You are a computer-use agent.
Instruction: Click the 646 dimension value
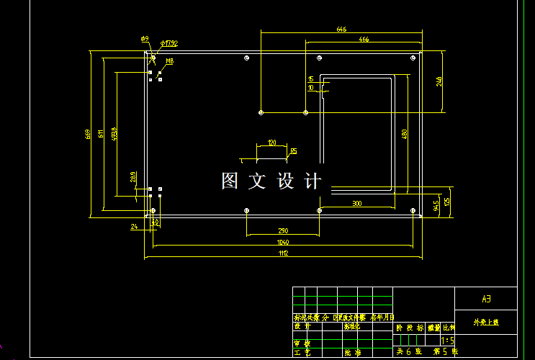(x=341, y=30)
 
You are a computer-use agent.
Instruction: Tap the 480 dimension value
(x=404, y=133)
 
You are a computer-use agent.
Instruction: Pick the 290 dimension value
(x=284, y=231)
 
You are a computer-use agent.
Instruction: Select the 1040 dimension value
(x=284, y=243)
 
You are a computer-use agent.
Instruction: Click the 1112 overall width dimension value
(x=284, y=253)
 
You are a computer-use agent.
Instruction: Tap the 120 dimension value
(x=271, y=143)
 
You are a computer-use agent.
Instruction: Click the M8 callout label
(x=170, y=62)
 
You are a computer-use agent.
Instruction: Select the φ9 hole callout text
(x=144, y=39)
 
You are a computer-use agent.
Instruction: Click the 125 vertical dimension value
(x=446, y=202)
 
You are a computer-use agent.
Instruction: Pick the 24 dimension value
(x=134, y=227)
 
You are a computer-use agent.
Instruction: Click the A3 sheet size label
(x=485, y=298)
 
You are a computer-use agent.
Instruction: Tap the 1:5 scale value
(x=447, y=340)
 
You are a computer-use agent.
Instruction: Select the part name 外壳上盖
(x=485, y=322)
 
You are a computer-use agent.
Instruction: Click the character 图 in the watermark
(x=230, y=181)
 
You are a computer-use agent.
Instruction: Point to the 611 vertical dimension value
(x=101, y=132)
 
